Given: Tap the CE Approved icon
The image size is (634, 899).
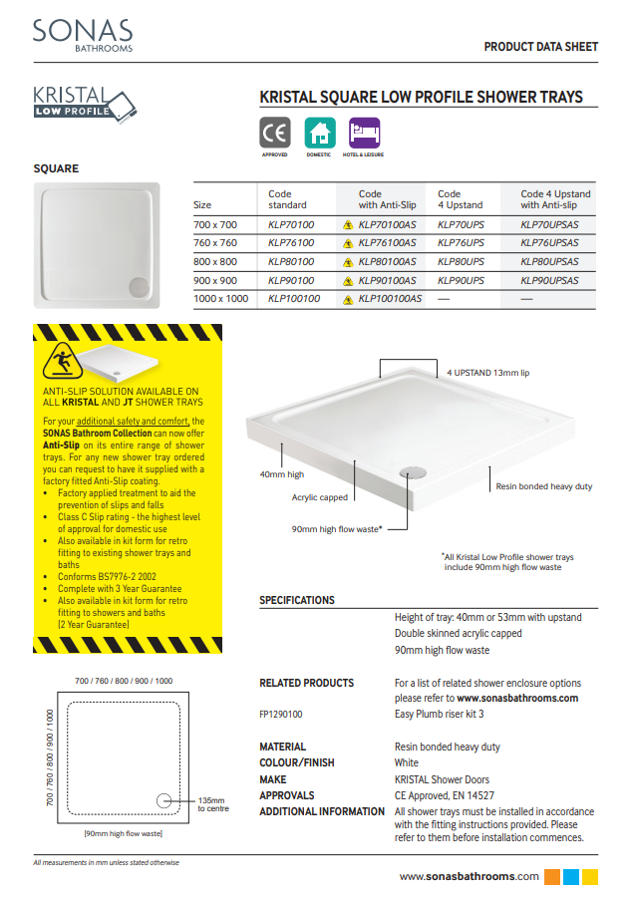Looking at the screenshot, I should click(x=275, y=134).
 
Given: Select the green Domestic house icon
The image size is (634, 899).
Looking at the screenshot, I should click(x=319, y=134).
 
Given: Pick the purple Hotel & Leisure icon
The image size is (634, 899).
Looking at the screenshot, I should click(x=364, y=134).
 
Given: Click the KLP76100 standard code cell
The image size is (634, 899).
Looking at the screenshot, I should click(x=291, y=243).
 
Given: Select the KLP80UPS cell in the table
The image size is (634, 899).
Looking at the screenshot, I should click(x=461, y=262).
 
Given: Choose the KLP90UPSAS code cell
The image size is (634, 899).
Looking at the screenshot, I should click(x=549, y=281).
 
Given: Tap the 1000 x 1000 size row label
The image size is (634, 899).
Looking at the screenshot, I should click(x=220, y=299).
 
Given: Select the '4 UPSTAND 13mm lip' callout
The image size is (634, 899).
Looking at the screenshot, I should click(x=487, y=372).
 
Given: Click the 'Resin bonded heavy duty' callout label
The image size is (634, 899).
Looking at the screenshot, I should click(x=543, y=486).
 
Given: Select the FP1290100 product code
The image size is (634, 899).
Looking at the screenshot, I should click(x=280, y=715).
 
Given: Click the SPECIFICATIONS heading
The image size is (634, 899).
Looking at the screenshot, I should click(x=297, y=601).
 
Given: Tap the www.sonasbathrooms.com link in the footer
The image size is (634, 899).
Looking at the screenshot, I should click(x=470, y=877).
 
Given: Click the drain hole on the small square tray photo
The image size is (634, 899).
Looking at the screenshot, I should click(x=136, y=285).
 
